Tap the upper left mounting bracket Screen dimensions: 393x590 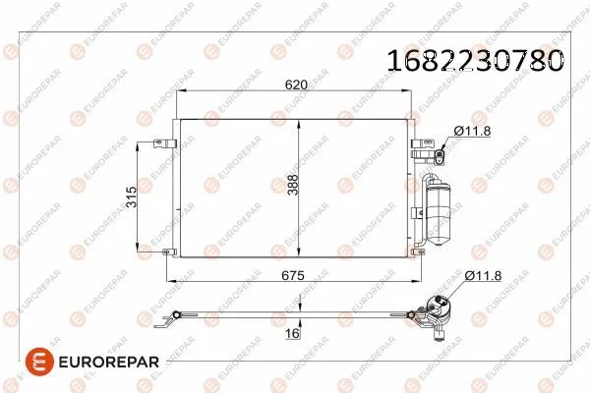(161, 143)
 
